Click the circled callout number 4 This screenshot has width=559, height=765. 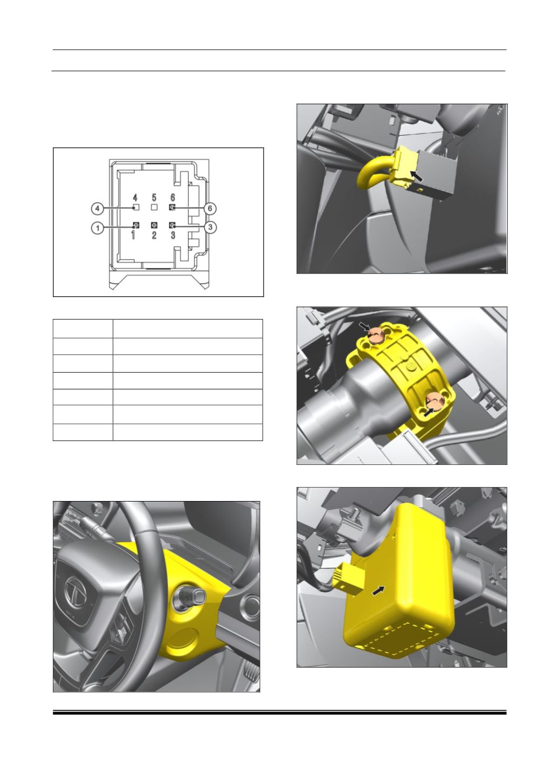[98, 208]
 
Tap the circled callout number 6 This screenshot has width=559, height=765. [210, 208]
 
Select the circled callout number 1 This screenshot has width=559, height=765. [98, 227]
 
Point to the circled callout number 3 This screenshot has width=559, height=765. [210, 227]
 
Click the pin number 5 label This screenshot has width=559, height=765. [154, 198]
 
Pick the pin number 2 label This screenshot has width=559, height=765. [154, 235]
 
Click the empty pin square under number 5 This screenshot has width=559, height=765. [154, 207]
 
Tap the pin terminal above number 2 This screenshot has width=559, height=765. [154, 225]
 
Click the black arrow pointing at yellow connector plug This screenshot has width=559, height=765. [416, 176]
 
